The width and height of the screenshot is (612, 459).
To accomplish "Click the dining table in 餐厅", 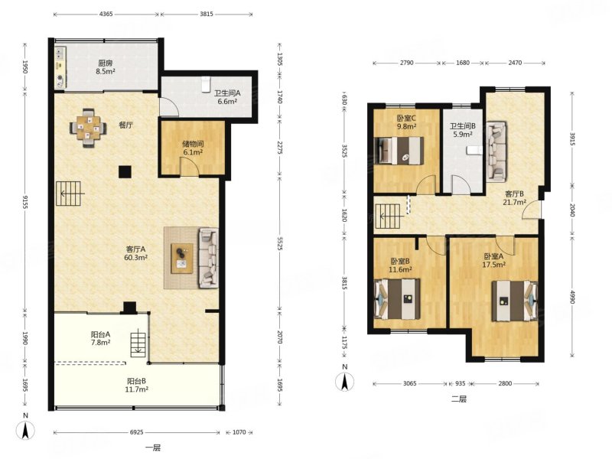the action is (x=88, y=128).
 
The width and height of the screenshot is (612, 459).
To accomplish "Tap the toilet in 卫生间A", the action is (x=205, y=84).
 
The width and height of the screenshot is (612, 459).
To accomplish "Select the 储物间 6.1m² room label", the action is (x=193, y=148).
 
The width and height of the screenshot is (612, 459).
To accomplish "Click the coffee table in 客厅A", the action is (x=182, y=259).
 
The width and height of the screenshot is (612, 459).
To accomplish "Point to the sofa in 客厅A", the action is (x=208, y=258).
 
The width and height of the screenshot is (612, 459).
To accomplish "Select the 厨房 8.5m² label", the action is (x=106, y=67).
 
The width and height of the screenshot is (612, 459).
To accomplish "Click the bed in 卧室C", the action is (x=399, y=151).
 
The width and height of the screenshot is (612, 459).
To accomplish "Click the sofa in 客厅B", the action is (x=496, y=151).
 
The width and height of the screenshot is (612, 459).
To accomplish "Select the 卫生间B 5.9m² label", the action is (x=463, y=130).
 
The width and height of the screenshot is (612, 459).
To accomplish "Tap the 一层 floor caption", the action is (x=153, y=448).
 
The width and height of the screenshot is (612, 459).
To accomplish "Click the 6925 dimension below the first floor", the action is (x=137, y=432).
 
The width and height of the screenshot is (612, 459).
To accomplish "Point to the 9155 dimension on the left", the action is (x=25, y=202).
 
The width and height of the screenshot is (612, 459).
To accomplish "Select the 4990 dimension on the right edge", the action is (x=572, y=297).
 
